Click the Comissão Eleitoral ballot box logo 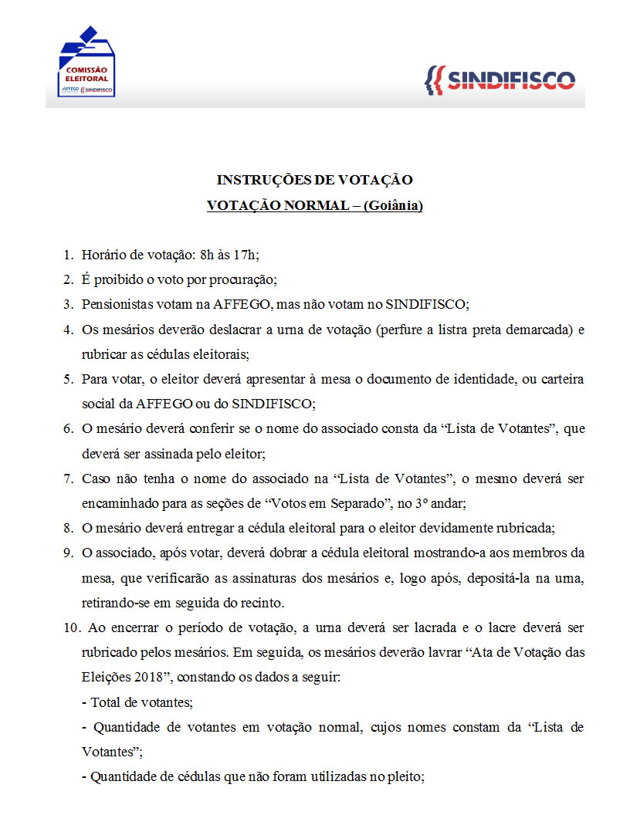(86, 62)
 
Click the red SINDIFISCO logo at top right (500, 80)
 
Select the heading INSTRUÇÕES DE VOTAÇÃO (314, 181)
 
